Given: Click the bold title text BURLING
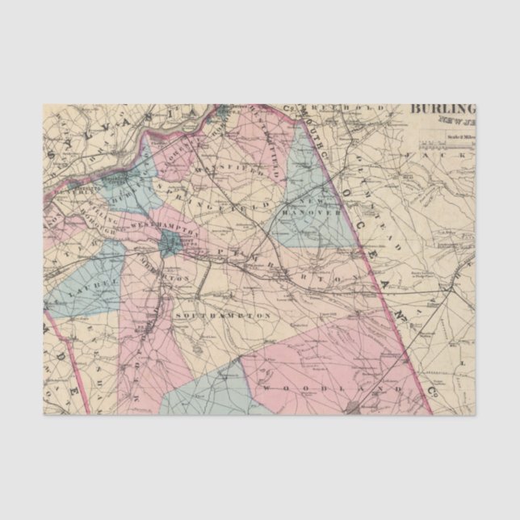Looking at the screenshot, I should click(x=443, y=110).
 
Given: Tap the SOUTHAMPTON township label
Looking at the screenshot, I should click(x=221, y=312).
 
